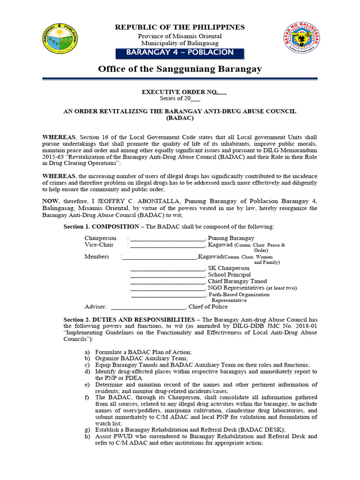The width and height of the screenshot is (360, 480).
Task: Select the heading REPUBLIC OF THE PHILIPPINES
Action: click(x=180, y=28)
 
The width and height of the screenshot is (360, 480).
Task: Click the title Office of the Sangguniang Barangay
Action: click(x=180, y=69)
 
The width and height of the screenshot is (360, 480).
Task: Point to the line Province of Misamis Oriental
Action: click(x=180, y=36)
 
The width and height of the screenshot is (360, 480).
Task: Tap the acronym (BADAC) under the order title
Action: click(x=180, y=119)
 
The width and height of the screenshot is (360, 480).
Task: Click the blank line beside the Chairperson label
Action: click(x=167, y=239)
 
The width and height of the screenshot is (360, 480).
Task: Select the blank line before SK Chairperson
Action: click(x=167, y=268)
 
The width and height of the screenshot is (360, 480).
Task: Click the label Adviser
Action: click(x=96, y=307)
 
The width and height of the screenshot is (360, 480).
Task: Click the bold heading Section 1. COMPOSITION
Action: click(x=100, y=227)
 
